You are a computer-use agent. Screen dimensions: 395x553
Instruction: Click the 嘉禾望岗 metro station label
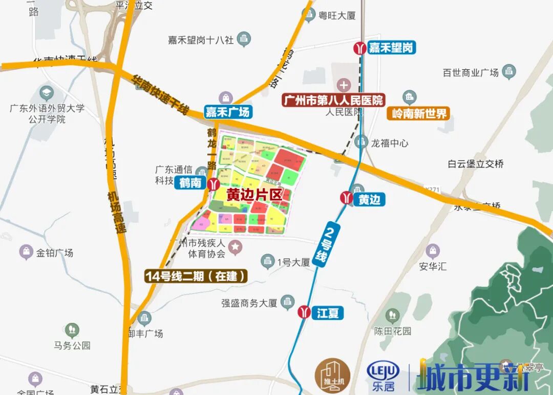[x=391, y=48]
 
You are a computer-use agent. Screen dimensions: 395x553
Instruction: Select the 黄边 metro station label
[x=369, y=199]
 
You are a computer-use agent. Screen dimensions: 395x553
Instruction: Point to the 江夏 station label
[x=327, y=313]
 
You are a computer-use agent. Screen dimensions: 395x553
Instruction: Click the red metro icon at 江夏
[x=304, y=312]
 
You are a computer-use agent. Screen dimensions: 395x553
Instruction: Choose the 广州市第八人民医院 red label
[x=333, y=100]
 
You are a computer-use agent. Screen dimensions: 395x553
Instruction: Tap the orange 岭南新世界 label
[x=418, y=113]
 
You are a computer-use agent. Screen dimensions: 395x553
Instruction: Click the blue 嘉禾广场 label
[x=227, y=112]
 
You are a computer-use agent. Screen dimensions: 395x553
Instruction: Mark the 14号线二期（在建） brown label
[x=196, y=277]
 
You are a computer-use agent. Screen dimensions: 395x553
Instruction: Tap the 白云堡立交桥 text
[x=476, y=164]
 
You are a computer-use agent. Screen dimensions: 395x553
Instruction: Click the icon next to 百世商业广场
[x=509, y=71]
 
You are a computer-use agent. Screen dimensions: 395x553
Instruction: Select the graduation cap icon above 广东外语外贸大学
[x=47, y=93]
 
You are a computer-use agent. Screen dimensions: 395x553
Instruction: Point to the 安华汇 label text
[x=433, y=266]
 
